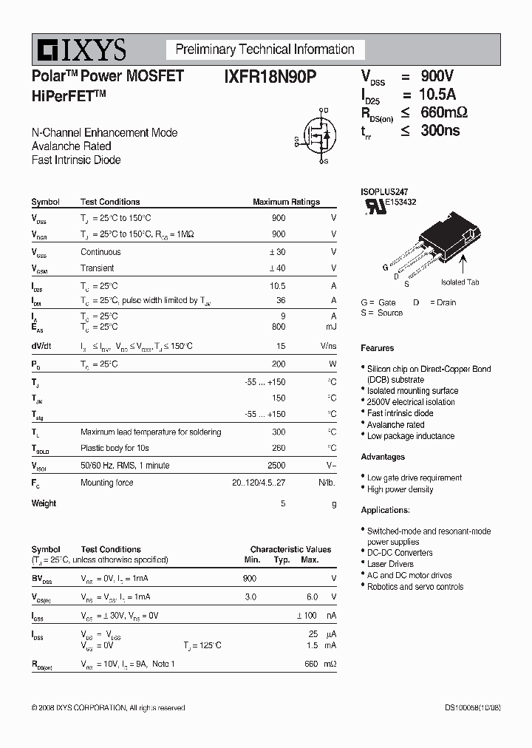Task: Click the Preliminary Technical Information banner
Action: (265, 50)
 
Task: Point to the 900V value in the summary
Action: (437, 76)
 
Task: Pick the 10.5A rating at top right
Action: (437, 95)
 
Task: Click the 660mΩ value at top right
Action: (443, 112)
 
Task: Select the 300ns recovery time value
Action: (440, 130)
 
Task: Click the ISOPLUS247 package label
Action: (384, 191)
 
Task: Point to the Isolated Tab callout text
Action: (460, 282)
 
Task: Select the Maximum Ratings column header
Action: (286, 202)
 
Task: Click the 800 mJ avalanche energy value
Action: (279, 327)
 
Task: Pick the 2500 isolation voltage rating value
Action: (276, 466)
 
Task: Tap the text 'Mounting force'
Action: (107, 483)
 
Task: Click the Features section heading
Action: (378, 348)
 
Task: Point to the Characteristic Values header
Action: (290, 549)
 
